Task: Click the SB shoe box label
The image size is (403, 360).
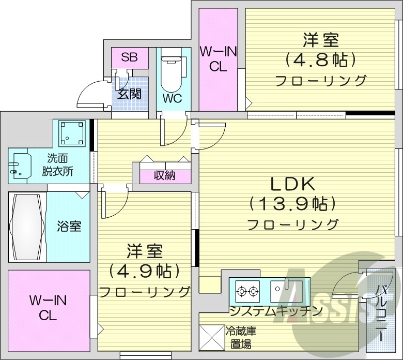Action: coord(129,57)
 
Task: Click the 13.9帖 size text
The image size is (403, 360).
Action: coord(292,204)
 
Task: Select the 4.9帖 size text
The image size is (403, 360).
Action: coord(145,271)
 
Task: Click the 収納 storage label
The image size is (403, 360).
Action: coord(164,175)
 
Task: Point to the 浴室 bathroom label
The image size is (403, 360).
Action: coord(69,226)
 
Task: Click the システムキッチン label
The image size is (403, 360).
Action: coord(276,311)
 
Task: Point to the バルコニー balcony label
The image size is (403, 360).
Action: coord(381,312)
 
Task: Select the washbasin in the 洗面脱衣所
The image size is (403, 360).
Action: coord(20,166)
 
